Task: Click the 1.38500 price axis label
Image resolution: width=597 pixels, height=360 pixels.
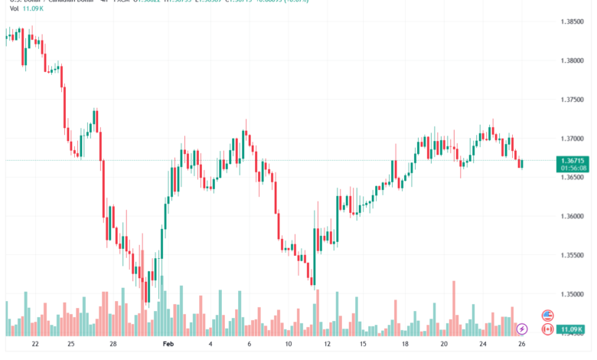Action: click(x=574, y=21)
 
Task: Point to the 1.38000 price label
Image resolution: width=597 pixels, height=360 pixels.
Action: click(x=574, y=61)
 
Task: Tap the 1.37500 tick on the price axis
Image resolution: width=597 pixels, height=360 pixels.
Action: click(x=574, y=100)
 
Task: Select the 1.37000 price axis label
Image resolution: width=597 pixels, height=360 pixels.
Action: click(x=574, y=139)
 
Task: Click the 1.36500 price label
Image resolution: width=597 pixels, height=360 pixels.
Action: click(x=574, y=177)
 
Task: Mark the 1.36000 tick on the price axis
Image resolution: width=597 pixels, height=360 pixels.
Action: click(x=574, y=216)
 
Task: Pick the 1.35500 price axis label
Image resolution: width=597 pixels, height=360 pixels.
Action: click(x=574, y=255)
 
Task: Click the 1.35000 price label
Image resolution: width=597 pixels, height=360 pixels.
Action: click(x=574, y=294)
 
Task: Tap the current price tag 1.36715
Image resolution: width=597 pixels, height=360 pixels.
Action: click(x=574, y=159)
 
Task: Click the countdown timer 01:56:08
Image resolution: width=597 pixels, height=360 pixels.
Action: click(x=574, y=167)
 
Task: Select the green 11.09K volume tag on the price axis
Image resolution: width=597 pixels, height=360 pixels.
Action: click(x=573, y=330)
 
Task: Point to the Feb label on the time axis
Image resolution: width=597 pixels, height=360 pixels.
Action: click(x=169, y=345)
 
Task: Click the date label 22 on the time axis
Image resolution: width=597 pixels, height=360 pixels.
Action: click(x=35, y=345)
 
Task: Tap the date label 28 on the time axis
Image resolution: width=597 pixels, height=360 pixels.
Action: click(x=113, y=345)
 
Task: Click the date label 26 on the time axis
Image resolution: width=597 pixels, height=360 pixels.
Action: click(x=520, y=345)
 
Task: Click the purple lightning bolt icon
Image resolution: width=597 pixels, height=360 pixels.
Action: click(x=522, y=329)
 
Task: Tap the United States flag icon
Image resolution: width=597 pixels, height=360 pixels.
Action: click(x=547, y=315)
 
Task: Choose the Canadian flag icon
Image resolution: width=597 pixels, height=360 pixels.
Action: click(x=547, y=329)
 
